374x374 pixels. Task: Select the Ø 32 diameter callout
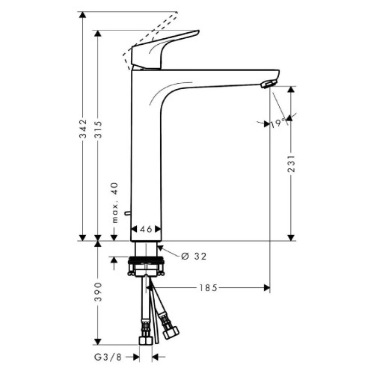pos(192,256)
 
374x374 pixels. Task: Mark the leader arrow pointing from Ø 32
pos(166,252)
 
